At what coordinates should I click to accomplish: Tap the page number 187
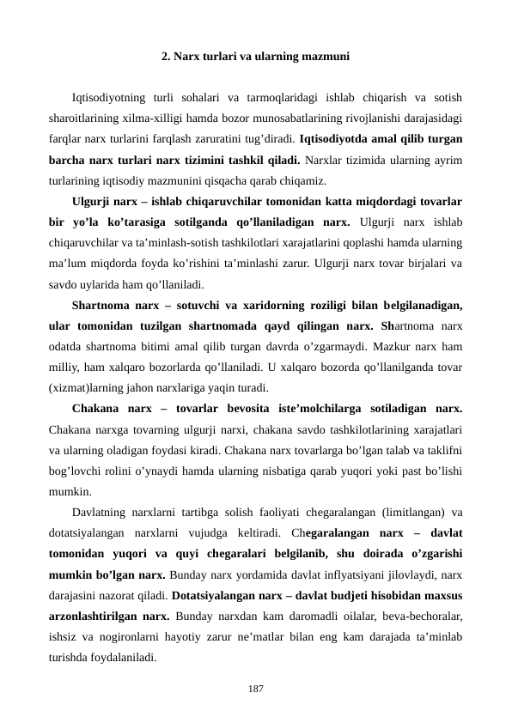tap(255, 689)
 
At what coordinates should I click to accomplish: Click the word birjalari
tap(418, 262)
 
